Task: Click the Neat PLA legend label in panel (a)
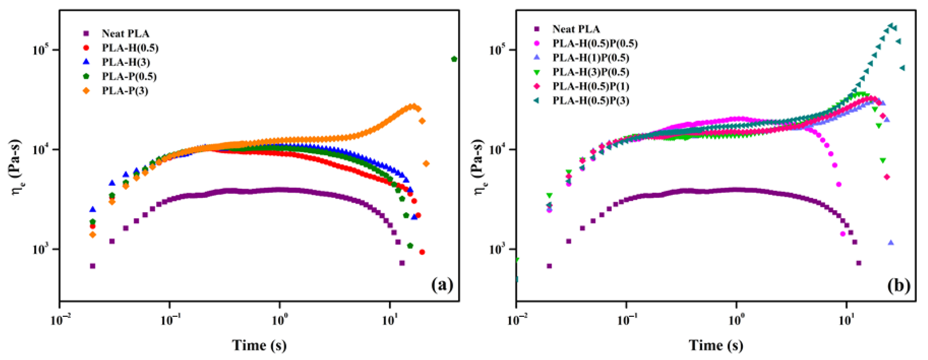[125, 34]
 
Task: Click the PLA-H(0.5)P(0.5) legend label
[595, 43]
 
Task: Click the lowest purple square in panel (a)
[93, 266]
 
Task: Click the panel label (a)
[442, 285]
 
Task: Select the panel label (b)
[899, 285]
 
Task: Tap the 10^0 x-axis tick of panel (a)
[279, 320]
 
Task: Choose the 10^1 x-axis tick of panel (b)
[846, 320]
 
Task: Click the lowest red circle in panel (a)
[422, 252]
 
